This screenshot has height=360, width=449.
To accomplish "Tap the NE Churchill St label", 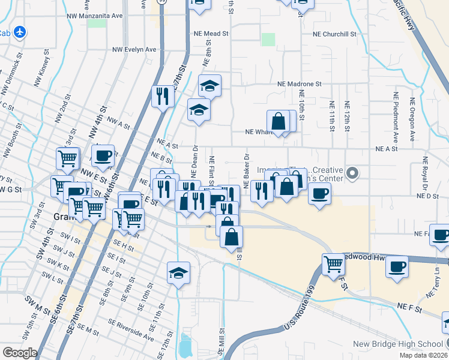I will (x=334, y=34).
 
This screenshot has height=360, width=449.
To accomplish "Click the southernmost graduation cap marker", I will (x=179, y=274).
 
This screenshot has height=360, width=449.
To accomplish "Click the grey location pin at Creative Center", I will (x=353, y=175).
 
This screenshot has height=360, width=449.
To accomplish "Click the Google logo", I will (x=20, y=353).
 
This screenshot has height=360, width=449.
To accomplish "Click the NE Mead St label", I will (x=211, y=34).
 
